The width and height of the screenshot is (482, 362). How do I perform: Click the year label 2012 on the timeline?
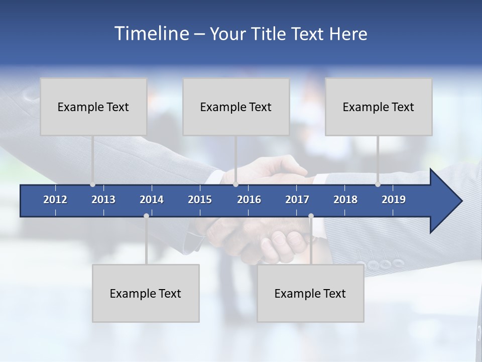(x=55, y=200)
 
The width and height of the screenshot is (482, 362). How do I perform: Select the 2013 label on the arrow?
(x=103, y=200)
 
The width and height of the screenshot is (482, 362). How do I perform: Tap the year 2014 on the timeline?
(x=152, y=200)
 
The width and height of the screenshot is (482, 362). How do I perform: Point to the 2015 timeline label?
(x=200, y=200)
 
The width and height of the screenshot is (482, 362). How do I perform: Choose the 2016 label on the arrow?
(x=249, y=200)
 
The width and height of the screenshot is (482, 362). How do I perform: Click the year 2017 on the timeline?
(x=297, y=200)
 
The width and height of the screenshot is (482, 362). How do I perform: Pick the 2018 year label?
(x=345, y=200)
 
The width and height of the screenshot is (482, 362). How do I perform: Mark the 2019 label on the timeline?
(x=394, y=200)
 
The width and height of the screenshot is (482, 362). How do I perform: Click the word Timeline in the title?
(x=151, y=33)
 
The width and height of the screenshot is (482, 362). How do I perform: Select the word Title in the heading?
(x=269, y=34)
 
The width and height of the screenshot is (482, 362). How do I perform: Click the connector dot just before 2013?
(x=92, y=185)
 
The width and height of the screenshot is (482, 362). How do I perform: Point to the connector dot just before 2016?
(x=235, y=185)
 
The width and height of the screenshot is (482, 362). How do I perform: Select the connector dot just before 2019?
(x=378, y=185)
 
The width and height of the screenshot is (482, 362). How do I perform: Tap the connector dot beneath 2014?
(x=146, y=216)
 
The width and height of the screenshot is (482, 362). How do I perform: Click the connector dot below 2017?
(x=311, y=216)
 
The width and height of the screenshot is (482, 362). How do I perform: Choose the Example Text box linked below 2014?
(x=146, y=293)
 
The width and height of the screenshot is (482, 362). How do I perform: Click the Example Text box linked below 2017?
(x=310, y=293)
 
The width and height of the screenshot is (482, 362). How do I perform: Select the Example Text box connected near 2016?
(x=236, y=107)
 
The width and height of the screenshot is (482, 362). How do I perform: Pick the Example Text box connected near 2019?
(x=379, y=107)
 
